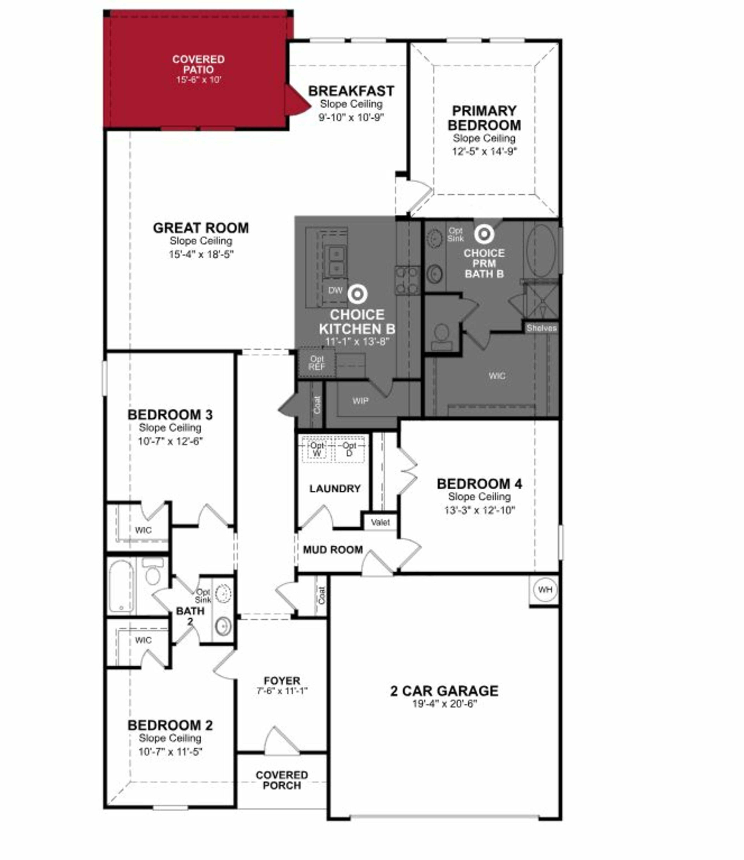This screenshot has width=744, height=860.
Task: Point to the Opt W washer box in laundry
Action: [x=317, y=449]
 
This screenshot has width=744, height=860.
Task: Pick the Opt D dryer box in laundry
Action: [x=349, y=449]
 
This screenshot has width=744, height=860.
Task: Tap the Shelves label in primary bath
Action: [x=541, y=328]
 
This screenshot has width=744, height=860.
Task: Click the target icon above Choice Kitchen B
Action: [x=357, y=294]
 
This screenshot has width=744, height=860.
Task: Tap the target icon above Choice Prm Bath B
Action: [x=484, y=234]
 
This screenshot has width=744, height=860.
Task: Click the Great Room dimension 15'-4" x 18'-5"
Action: [x=201, y=254]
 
